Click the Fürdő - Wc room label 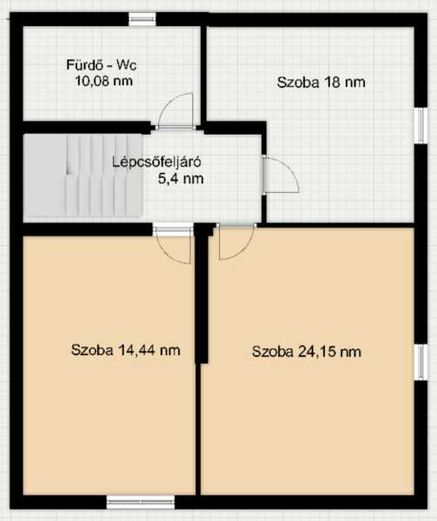(x=102, y=65)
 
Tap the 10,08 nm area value (x=103, y=81)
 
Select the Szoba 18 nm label (x=321, y=82)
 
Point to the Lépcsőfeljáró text (x=156, y=162)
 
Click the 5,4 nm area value (x=181, y=179)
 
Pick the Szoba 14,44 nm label (x=125, y=350)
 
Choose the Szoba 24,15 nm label (x=307, y=352)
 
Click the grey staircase (x=83, y=175)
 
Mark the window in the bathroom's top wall (x=142, y=19)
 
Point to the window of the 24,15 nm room (x=420, y=362)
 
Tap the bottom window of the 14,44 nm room (x=141, y=502)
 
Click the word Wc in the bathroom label (x=126, y=65)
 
